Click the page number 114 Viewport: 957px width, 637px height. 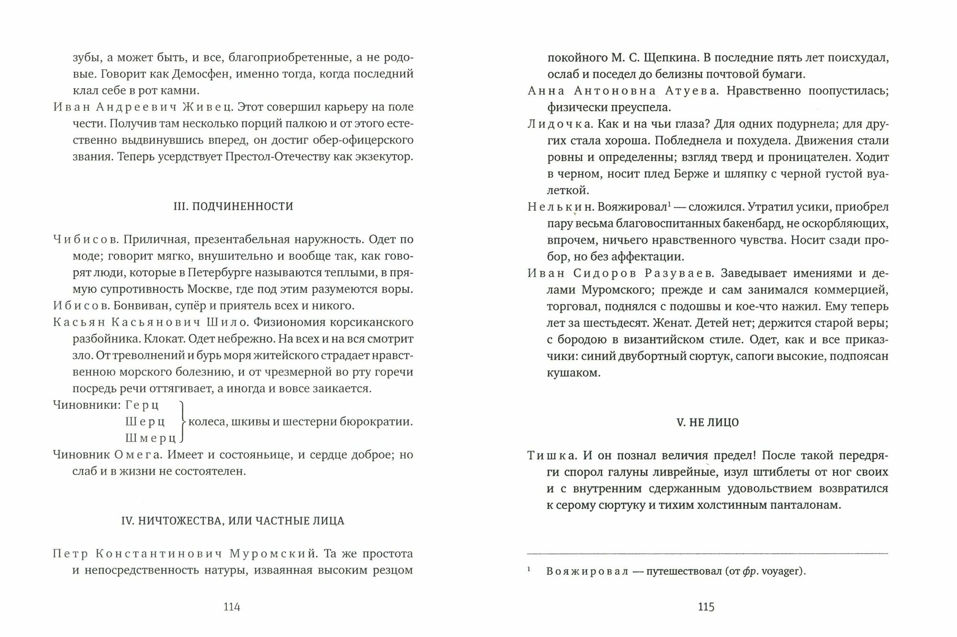point(232,607)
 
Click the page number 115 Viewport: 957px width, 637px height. point(706,607)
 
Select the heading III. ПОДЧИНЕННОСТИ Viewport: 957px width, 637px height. point(233,206)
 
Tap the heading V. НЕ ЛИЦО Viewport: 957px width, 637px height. point(707,422)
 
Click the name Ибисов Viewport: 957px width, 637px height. point(76,306)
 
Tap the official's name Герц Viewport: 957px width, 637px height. point(142,405)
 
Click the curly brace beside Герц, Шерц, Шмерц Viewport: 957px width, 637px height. point(181,422)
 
